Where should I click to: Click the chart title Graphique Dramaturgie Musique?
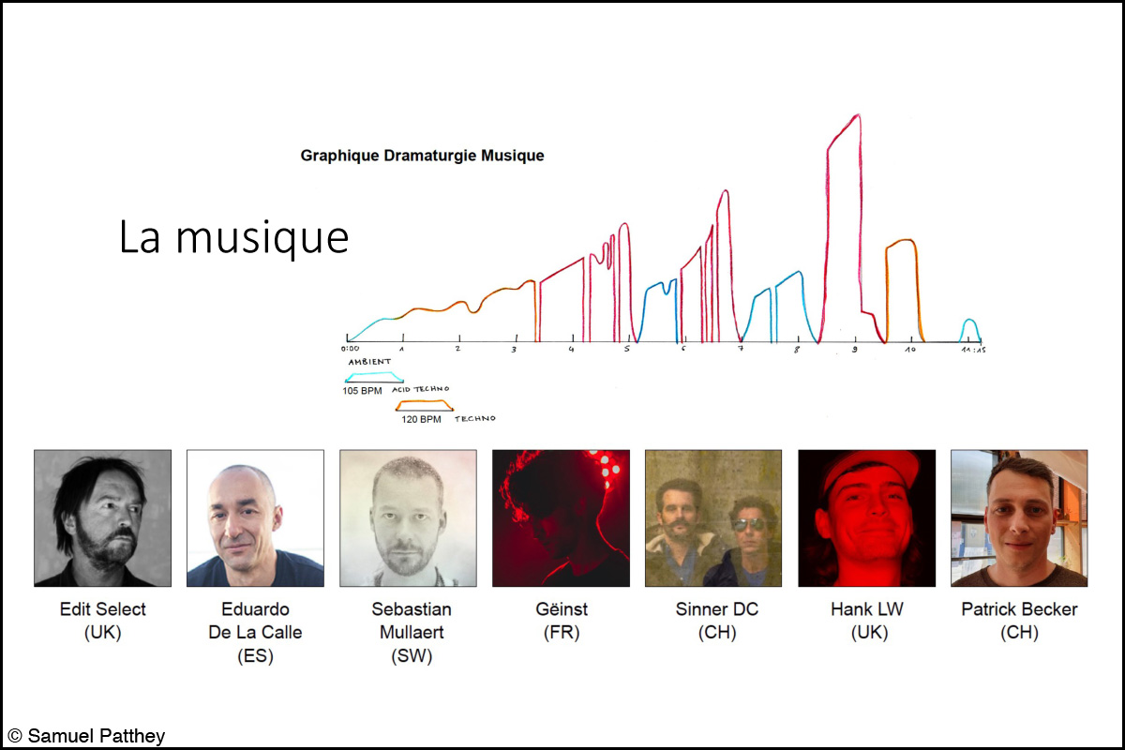point(422,156)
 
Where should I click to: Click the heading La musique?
point(233,237)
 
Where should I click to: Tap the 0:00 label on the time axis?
point(350,348)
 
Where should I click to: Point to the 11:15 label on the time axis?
point(973,350)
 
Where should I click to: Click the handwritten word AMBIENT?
point(369,362)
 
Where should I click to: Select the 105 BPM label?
point(362,391)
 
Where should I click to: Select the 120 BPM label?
point(421,419)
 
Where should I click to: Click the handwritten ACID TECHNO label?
point(420,389)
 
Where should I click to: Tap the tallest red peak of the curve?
point(858,115)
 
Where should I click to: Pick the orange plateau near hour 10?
point(903,241)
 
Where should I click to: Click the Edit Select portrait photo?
point(102,517)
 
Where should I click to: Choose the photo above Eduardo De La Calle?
point(255,517)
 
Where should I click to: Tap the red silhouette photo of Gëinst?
point(561,517)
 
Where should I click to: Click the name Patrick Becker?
point(1019,609)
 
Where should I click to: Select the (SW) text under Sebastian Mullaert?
point(412,655)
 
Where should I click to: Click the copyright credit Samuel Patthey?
point(86,736)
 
